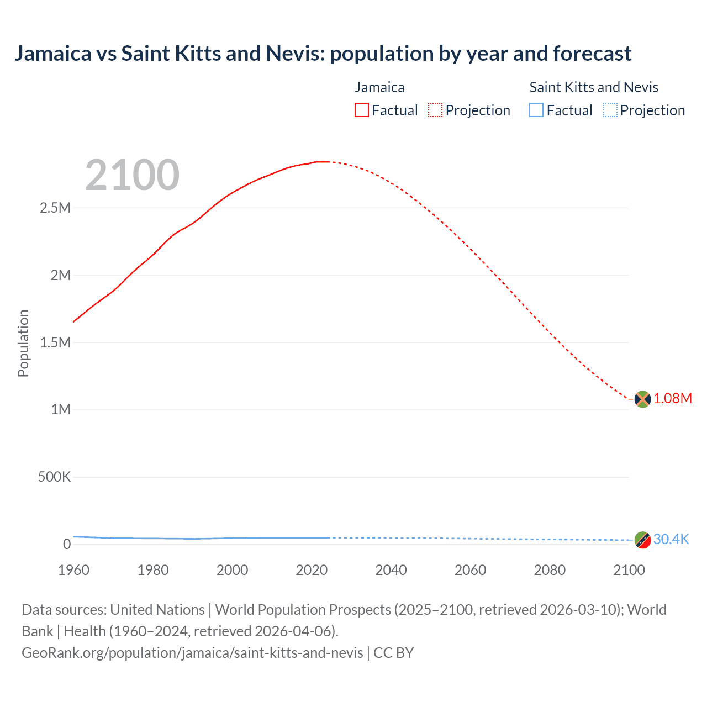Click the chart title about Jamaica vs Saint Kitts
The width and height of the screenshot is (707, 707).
(x=323, y=54)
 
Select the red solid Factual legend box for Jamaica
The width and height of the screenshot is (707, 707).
(x=361, y=110)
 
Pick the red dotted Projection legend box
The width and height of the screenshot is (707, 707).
(x=435, y=110)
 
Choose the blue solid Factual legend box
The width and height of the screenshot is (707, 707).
(x=536, y=110)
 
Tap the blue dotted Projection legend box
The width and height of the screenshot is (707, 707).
(x=610, y=110)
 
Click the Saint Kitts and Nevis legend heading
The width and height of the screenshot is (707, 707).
(x=594, y=87)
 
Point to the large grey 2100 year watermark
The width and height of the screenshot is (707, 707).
(x=132, y=175)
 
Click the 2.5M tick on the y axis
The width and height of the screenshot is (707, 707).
(x=55, y=208)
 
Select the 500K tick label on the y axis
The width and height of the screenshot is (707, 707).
(x=54, y=477)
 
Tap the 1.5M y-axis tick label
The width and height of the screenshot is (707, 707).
(x=55, y=342)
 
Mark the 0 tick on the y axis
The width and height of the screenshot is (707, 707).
(x=67, y=544)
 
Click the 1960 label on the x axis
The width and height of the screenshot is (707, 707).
(x=73, y=570)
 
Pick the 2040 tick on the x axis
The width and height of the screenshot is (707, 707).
(x=391, y=570)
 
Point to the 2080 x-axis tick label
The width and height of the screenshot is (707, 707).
(x=550, y=570)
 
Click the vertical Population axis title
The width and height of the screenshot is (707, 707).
(x=23, y=343)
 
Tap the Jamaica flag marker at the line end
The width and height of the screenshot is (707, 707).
(x=642, y=399)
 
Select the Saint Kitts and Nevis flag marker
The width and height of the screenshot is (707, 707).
(x=642, y=540)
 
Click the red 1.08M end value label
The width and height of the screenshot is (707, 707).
(x=673, y=399)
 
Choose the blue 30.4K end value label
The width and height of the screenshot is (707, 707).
(x=671, y=540)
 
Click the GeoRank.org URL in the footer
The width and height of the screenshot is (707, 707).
(x=192, y=653)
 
